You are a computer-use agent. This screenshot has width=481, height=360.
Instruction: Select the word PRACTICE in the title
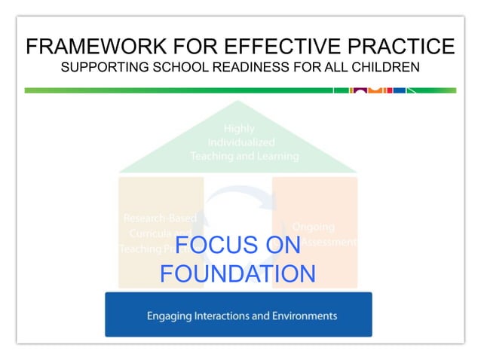(x=404, y=47)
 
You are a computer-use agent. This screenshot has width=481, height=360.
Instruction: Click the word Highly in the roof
(x=239, y=129)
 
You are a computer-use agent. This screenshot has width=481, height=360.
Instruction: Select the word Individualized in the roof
(x=241, y=142)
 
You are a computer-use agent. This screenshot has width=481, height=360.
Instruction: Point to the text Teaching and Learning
(x=244, y=157)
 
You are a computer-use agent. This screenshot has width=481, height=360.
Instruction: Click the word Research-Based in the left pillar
(x=160, y=218)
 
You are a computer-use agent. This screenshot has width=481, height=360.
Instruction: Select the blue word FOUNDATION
(x=237, y=273)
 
